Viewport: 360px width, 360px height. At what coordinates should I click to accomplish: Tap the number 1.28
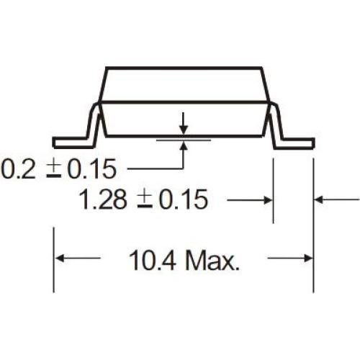(105, 199)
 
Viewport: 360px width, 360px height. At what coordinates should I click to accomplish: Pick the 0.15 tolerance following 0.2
(89, 170)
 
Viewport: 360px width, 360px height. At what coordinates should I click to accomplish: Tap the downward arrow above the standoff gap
(185, 127)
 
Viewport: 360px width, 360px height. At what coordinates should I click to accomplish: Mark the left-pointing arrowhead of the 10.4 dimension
(61, 258)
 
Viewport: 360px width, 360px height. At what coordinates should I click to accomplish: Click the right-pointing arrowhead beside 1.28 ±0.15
(267, 199)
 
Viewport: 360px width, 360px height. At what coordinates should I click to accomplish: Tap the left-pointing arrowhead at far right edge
(320, 199)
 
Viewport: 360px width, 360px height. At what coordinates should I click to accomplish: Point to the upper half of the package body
(185, 84)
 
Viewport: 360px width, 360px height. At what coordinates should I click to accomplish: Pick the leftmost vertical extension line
(53, 259)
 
